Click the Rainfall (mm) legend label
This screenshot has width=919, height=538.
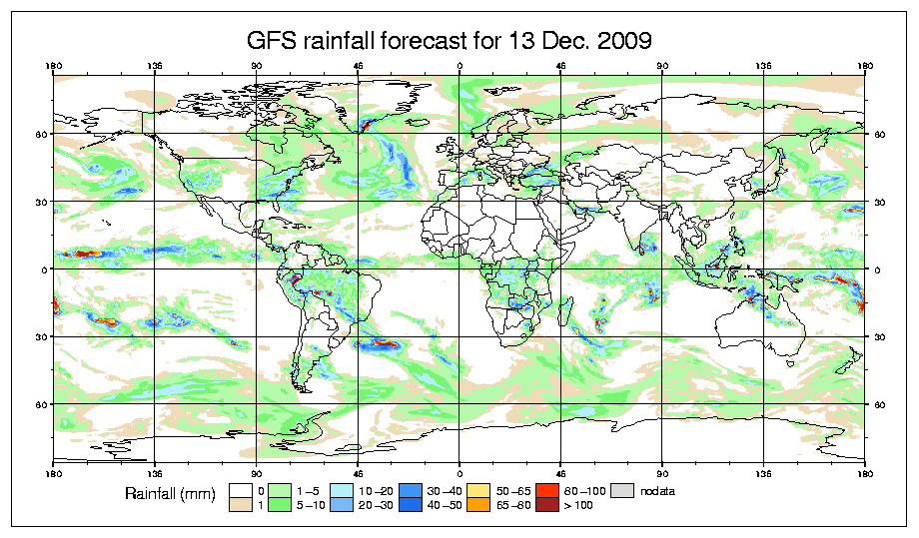point(167,494)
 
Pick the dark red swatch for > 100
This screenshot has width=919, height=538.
point(545,506)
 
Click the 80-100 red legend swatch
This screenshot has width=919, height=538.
point(545,491)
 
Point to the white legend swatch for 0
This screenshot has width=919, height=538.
point(240,491)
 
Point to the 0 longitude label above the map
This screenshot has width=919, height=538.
point(459,68)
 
